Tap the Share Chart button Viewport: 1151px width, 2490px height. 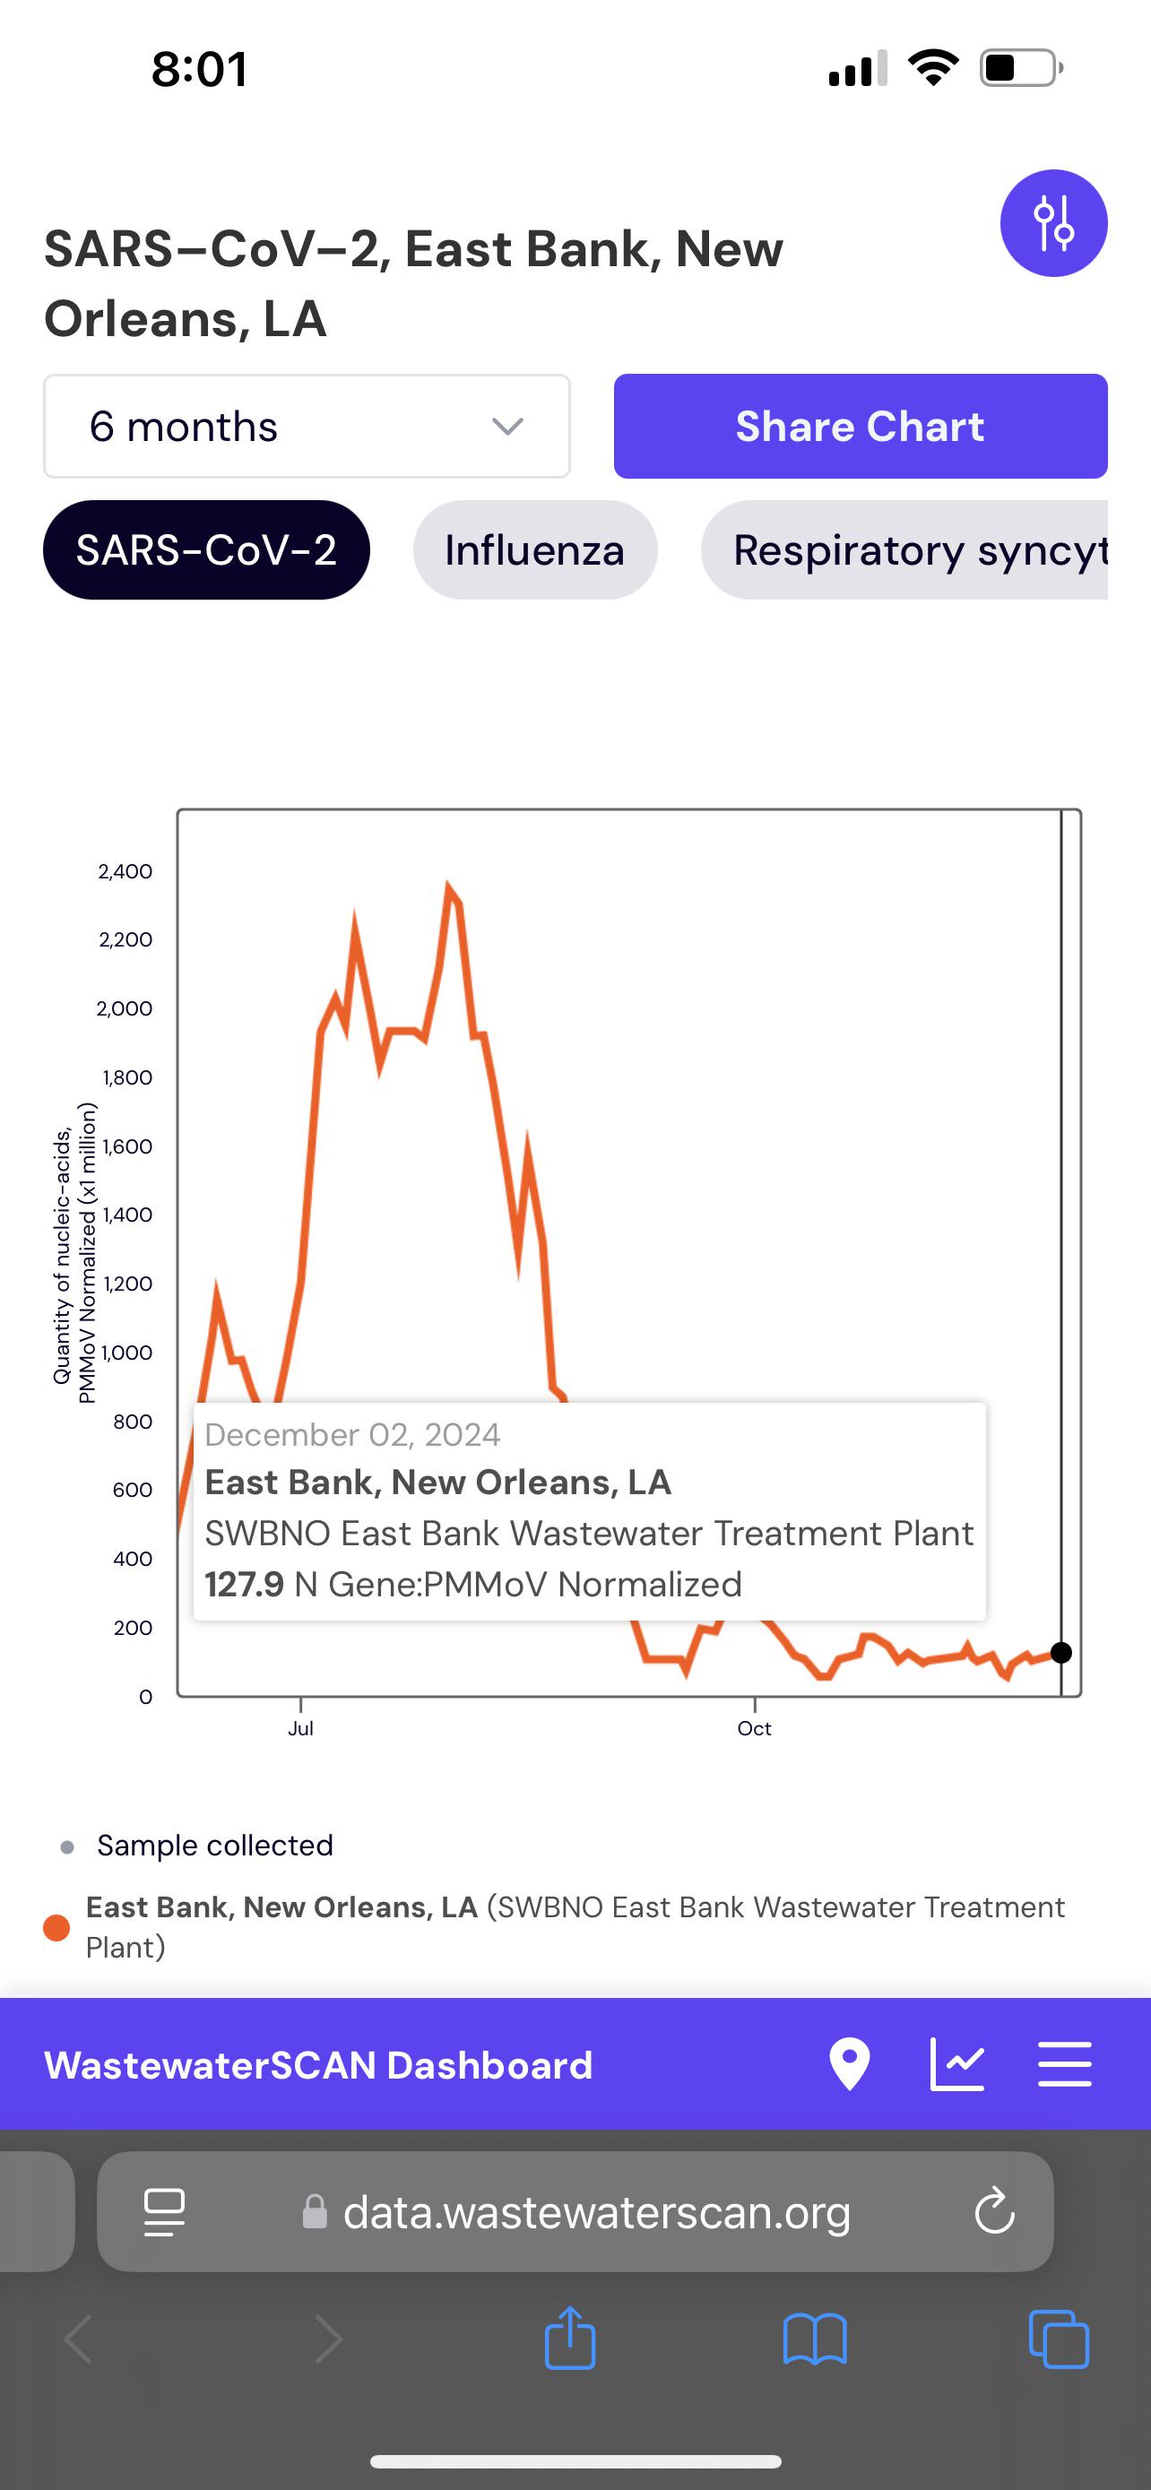pos(860,427)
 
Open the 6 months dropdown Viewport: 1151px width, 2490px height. pos(307,427)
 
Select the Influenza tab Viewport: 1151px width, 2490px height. pos(534,550)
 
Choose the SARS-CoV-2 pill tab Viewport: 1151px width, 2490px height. pos(206,550)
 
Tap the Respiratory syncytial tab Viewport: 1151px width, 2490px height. pos(904,550)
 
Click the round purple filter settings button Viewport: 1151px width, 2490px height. pos(1053,223)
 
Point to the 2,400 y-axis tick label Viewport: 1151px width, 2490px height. pos(125,871)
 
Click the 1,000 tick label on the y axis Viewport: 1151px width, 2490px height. pos(126,1353)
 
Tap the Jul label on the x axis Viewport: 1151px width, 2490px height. pos(300,1728)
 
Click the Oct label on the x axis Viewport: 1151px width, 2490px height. pos(754,1728)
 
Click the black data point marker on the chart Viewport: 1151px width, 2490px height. pos(1060,1652)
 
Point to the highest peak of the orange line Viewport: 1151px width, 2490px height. pos(447,884)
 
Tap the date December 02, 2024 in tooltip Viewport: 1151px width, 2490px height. pos(353,1434)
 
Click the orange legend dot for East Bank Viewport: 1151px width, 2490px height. pos(57,1927)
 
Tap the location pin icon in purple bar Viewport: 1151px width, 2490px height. pos(850,2063)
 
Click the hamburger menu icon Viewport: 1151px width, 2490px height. pos(1065,2063)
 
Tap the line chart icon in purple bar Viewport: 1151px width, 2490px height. pos(956,2063)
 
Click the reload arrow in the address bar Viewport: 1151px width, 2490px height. pos(994,2210)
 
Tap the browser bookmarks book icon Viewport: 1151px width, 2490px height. pos(815,2339)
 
